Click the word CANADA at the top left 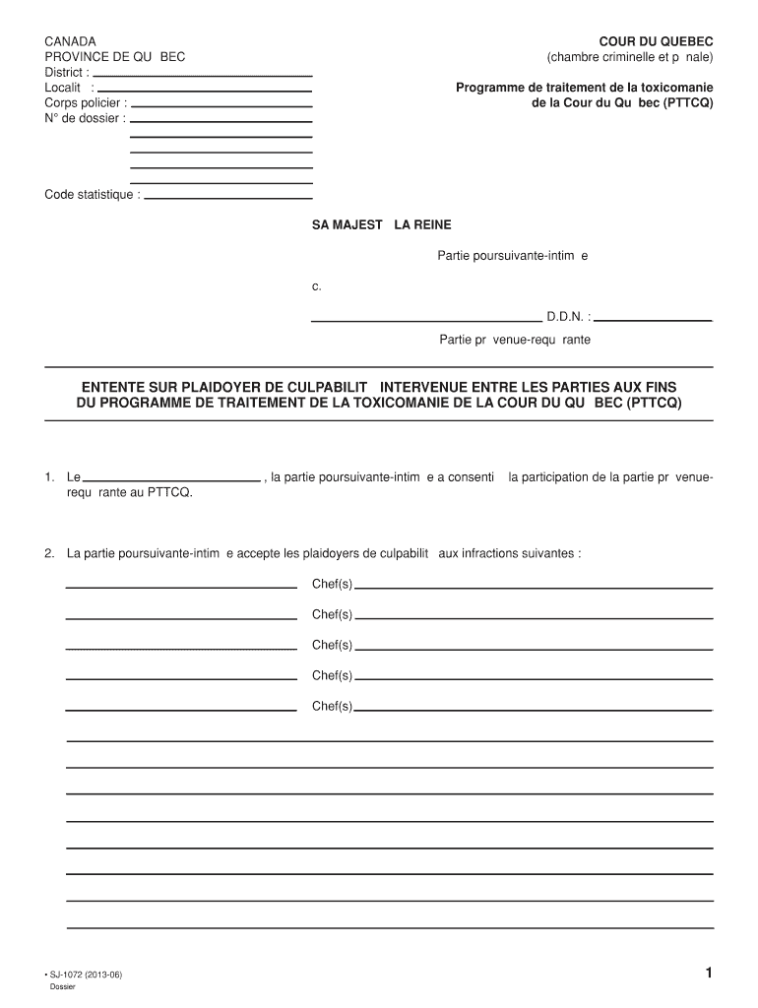(x=70, y=41)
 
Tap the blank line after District (x=203, y=75)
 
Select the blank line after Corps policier (x=221, y=105)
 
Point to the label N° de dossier (x=85, y=118)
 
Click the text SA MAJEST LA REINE (x=382, y=225)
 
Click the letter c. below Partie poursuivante (x=317, y=286)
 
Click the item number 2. (x=49, y=553)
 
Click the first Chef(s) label (x=332, y=585)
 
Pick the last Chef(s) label (x=332, y=706)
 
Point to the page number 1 (x=708, y=974)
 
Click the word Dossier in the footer (x=62, y=987)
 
